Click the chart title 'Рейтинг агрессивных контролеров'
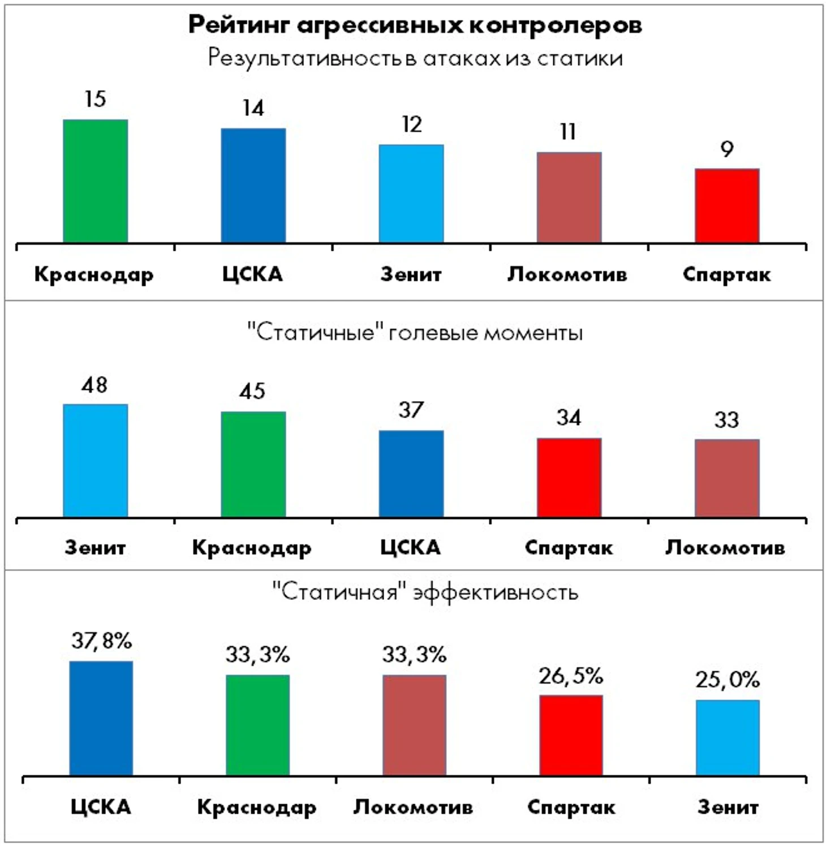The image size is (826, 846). point(415,25)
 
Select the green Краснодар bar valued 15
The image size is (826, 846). point(95,181)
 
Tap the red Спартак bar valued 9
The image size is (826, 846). point(727,206)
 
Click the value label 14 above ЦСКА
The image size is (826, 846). point(253,108)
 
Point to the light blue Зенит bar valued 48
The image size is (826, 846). point(95,461)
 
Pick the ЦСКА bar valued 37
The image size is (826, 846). point(411,474)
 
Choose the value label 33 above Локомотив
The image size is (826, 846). point(726,420)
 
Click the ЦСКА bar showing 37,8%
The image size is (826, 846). point(101,718)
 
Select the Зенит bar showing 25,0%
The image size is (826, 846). point(728,737)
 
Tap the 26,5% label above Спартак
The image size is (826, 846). point(571,676)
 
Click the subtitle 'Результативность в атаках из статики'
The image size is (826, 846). point(415,58)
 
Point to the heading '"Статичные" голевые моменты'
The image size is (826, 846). point(415,332)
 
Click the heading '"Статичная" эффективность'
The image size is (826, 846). point(425,592)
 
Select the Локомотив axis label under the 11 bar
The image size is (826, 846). point(567,274)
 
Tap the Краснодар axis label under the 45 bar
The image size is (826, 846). point(252,548)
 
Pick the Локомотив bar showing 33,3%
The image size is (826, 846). point(414,725)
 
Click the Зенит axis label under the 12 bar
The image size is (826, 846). point(411,274)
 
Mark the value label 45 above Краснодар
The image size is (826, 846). point(252,391)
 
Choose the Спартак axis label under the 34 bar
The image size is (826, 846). point(569,548)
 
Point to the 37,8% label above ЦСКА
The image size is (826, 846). point(101,641)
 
